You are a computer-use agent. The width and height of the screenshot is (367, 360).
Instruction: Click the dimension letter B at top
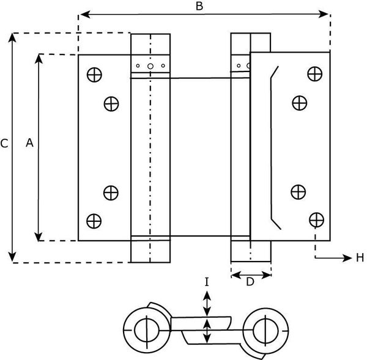[x=199, y=6]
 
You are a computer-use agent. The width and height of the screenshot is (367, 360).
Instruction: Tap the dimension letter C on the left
[x=4, y=144]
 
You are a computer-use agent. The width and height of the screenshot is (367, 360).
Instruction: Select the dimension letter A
[x=29, y=142]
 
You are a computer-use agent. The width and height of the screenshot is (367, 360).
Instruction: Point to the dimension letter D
[x=250, y=282]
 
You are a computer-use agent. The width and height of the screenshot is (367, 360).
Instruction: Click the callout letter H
[x=360, y=258]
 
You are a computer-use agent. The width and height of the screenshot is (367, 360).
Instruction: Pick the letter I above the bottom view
[x=207, y=282]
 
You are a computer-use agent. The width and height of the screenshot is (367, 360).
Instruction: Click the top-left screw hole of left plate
[x=94, y=75]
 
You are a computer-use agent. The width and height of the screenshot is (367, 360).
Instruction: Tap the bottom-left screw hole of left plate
[x=94, y=221]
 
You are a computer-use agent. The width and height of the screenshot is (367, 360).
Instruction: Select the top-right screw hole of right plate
[x=315, y=74]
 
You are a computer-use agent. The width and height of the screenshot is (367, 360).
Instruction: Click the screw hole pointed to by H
[x=316, y=219]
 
